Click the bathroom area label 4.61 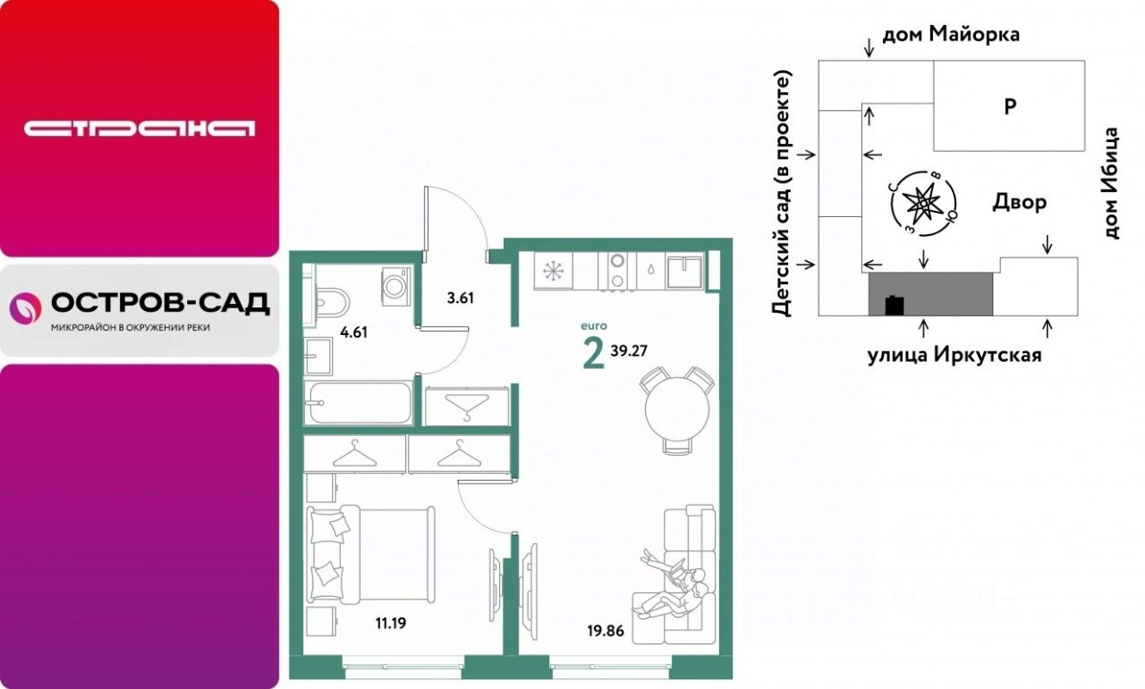[x=353, y=332]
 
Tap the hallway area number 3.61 [x=460, y=298]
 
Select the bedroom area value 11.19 [x=391, y=623]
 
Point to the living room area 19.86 [x=606, y=631]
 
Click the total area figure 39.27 [x=629, y=350]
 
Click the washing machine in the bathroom [x=396, y=286]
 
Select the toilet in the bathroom [x=327, y=304]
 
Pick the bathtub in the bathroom [x=359, y=403]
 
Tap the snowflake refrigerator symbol [x=553, y=271]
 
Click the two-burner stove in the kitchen [x=617, y=271]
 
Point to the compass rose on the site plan [x=922, y=204]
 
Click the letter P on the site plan [x=1010, y=106]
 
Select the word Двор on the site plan [x=1019, y=202]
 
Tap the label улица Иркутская [x=954, y=355]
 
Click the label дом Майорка [x=951, y=35]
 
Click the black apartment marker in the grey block [x=895, y=305]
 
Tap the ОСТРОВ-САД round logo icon [x=26, y=308]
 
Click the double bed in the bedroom [x=370, y=554]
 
